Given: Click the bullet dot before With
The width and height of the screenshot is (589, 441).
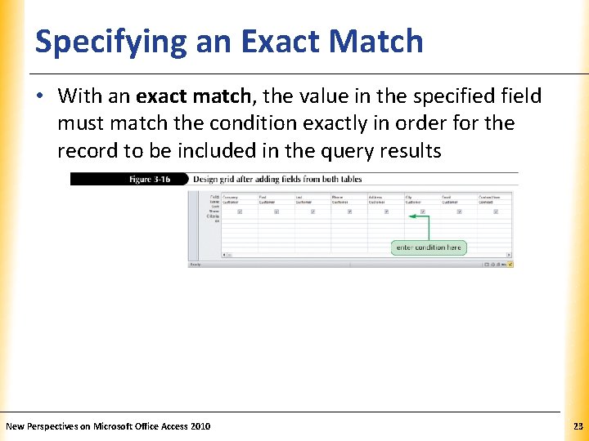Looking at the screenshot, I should point(40,96).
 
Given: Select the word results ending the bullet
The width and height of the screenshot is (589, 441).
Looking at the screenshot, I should point(410,150).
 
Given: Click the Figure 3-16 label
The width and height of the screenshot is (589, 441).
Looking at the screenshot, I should point(150,179).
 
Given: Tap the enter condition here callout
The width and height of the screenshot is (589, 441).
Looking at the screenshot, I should point(429,247).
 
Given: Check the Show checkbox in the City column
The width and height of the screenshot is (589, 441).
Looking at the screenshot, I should point(422,212).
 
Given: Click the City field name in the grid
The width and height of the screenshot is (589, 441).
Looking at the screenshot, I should point(408,197).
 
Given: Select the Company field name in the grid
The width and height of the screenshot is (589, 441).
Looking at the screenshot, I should point(232,197).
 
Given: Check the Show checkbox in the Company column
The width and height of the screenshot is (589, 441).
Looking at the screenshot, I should point(240,212).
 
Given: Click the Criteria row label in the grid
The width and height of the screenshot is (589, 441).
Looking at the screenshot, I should point(215,216).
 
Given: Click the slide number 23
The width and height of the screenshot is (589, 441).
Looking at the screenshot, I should point(578,426).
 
